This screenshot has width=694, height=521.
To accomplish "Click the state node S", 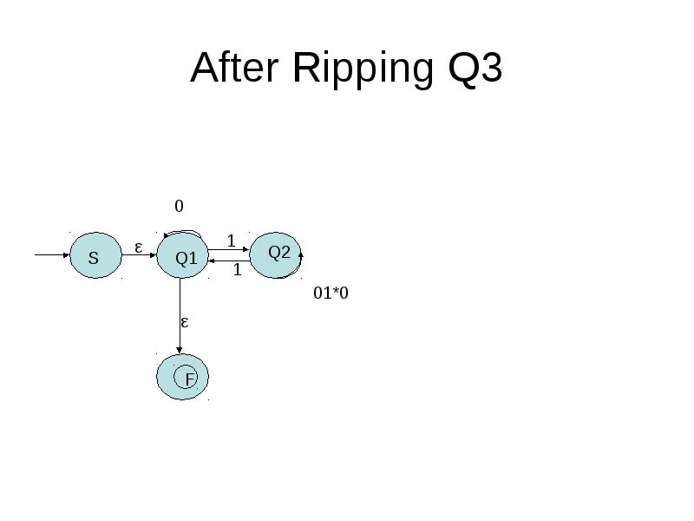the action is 95,255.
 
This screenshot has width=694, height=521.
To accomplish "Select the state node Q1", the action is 182,255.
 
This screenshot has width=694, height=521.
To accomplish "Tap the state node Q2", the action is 275,255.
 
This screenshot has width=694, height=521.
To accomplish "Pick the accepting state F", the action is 182,377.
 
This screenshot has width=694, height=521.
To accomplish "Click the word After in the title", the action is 234,68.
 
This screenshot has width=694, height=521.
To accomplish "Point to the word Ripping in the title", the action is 363,69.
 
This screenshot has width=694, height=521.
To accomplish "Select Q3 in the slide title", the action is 475,69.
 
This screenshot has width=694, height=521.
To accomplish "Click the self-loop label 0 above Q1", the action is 179,206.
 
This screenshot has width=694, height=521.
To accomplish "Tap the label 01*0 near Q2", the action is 331,293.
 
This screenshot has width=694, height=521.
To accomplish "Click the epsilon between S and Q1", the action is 139,247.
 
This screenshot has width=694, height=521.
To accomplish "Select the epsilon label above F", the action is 185,322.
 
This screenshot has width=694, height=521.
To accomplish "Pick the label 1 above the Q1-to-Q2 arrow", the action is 231,241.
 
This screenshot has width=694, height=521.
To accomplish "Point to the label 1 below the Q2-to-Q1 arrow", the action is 237,269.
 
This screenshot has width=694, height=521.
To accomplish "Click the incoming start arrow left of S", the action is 52,254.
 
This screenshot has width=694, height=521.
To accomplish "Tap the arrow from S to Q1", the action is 139,254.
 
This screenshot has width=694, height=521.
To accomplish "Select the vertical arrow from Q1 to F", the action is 180,316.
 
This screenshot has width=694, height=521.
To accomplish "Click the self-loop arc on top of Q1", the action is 183,231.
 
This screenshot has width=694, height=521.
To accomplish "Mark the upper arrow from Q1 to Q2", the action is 229,249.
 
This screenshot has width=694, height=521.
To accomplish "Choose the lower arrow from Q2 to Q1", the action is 229,261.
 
